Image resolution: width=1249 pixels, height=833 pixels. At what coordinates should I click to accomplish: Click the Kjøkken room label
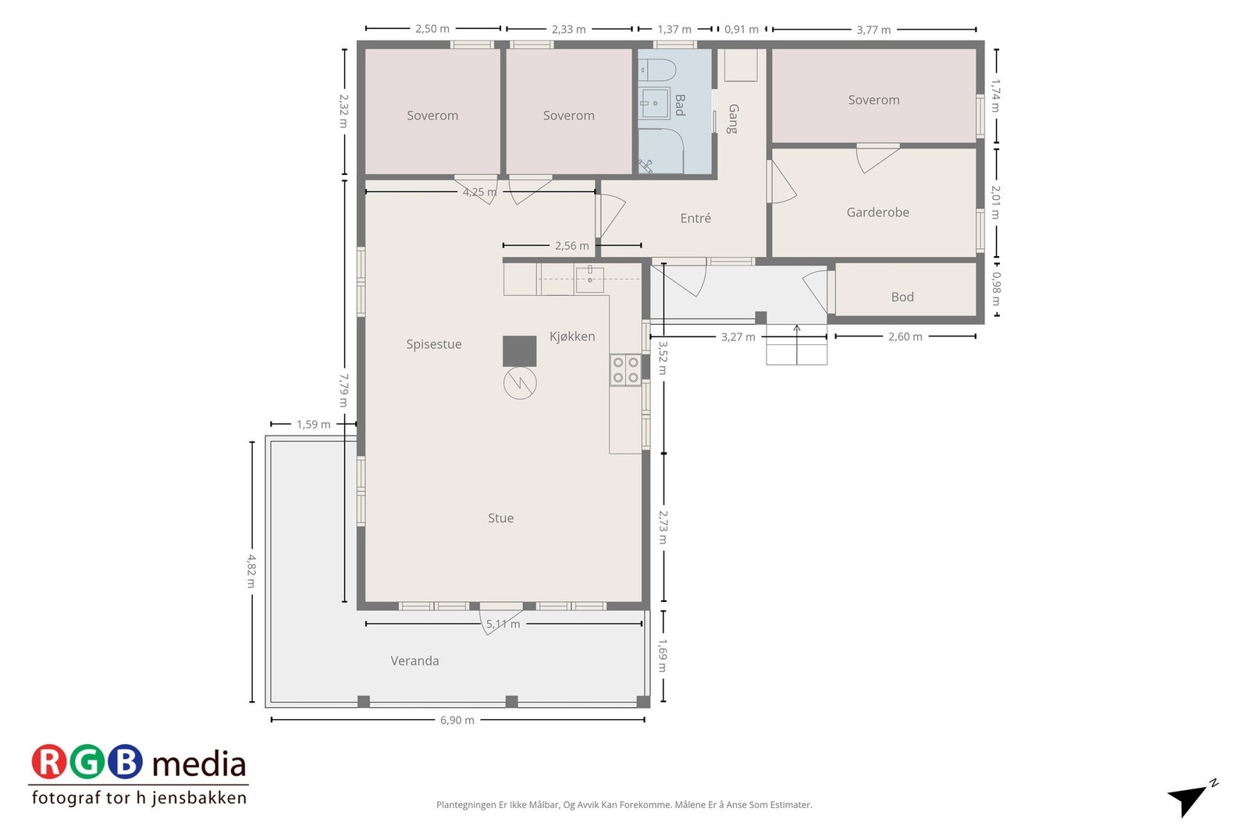click(572, 336)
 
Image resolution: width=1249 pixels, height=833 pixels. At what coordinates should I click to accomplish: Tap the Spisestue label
click(434, 344)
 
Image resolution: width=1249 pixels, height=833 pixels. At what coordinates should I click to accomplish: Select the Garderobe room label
click(877, 212)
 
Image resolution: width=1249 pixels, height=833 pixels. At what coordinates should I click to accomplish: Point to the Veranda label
click(415, 660)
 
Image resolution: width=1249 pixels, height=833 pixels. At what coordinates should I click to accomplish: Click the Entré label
click(696, 218)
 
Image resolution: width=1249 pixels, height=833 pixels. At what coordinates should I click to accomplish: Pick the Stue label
click(500, 518)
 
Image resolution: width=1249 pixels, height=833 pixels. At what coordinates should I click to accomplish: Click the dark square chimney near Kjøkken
click(520, 351)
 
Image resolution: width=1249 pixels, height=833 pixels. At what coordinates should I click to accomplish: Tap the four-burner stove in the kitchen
click(625, 370)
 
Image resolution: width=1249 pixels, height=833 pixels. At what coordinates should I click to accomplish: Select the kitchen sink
click(589, 279)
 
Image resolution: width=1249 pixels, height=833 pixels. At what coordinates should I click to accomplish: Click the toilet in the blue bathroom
click(657, 71)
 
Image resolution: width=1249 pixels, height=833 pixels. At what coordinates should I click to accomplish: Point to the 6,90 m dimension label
click(457, 720)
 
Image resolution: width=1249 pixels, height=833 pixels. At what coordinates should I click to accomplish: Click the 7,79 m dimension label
click(344, 390)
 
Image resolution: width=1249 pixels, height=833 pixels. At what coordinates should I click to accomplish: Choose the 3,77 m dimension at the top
click(874, 30)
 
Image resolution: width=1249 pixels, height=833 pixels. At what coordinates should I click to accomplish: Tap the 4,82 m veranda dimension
click(251, 571)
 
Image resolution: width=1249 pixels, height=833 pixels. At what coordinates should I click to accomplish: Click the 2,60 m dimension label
click(906, 336)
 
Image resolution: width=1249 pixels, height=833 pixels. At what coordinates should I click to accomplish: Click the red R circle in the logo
click(49, 762)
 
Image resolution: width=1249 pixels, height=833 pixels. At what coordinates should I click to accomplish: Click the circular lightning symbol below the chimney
click(520, 383)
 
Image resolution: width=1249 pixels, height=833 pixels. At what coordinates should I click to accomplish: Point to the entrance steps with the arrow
click(796, 344)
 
